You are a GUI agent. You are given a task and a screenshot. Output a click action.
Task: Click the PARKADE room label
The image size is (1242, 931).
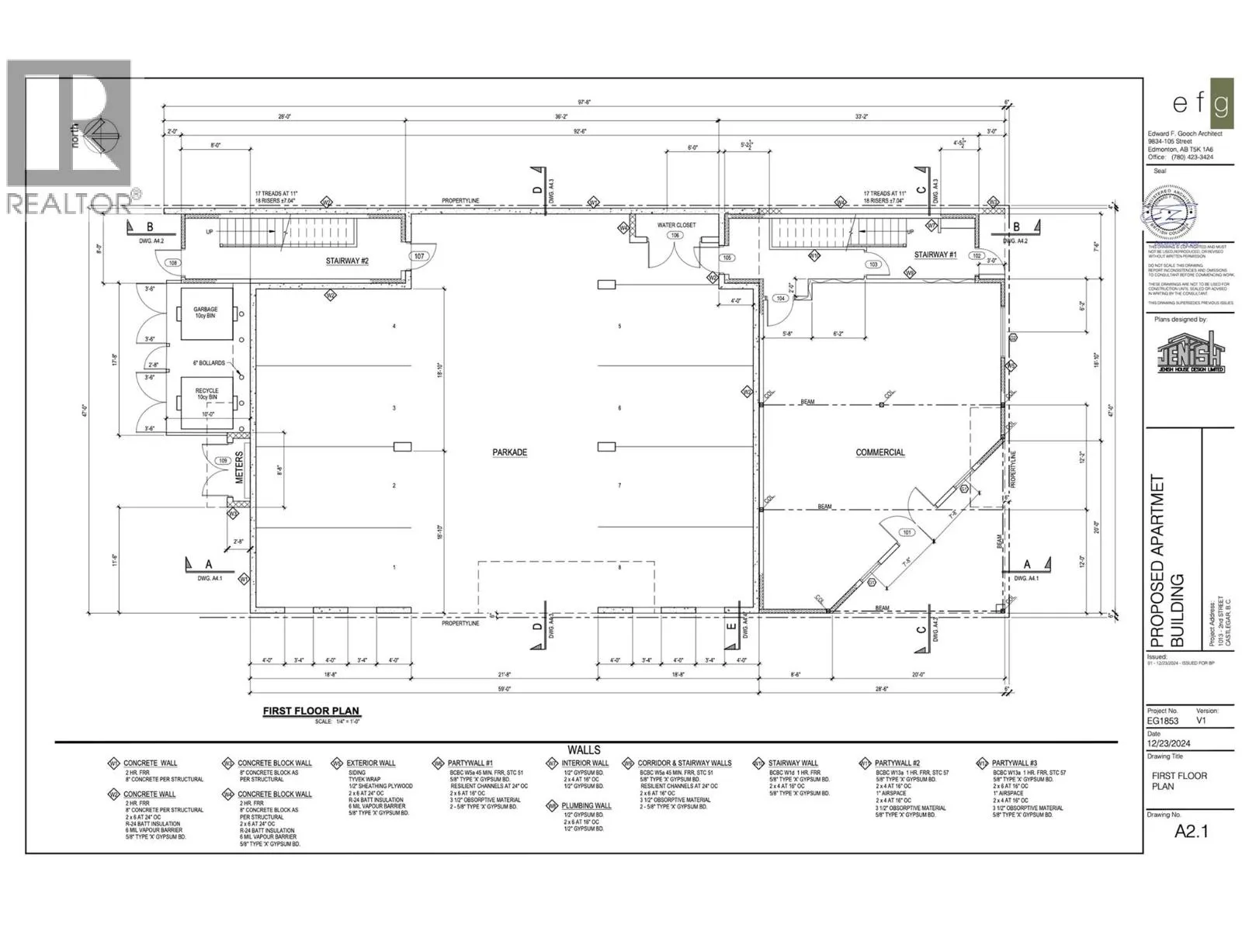pos(509,452)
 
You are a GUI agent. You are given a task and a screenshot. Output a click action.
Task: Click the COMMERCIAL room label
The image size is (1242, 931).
pos(880,452)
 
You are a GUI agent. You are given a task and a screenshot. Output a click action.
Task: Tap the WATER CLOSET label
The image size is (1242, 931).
pos(676,225)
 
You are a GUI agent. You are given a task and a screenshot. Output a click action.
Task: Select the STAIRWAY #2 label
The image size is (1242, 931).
pos(347,261)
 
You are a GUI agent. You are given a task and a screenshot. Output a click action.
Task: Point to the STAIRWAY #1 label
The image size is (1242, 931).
pos(935,254)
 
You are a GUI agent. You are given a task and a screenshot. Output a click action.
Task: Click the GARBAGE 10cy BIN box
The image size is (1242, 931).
pos(206,313)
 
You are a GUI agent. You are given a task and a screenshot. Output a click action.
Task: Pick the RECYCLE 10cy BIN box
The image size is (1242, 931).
pos(206,395)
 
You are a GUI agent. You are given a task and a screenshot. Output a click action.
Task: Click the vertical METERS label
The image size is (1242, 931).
pos(240,467)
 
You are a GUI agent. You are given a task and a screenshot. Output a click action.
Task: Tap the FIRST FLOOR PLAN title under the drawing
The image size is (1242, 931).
pos(311,711)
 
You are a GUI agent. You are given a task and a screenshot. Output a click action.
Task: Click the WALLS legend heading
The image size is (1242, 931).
pos(584,749)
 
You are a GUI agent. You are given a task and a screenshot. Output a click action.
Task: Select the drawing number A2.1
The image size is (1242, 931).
pos(1192,831)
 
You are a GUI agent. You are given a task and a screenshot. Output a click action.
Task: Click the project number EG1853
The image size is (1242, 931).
pos(1164,721)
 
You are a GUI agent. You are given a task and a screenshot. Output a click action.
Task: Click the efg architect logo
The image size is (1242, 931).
pos(1202,104)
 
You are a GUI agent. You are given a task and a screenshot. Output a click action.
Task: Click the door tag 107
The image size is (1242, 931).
pos(420,256)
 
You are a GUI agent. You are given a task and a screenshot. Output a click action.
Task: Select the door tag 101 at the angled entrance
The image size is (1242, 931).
pos(906,532)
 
